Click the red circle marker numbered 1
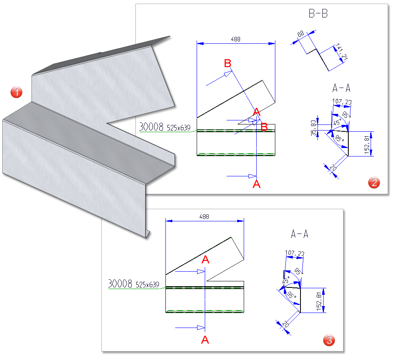(16, 92)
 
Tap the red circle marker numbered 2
(373, 182)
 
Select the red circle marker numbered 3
(329, 341)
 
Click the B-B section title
(318, 14)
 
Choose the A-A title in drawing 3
(300, 234)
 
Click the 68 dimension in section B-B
(300, 35)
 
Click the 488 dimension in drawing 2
(236, 39)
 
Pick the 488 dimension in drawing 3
(204, 217)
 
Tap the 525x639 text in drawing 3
(147, 285)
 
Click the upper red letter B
(228, 63)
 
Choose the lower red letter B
(264, 127)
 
